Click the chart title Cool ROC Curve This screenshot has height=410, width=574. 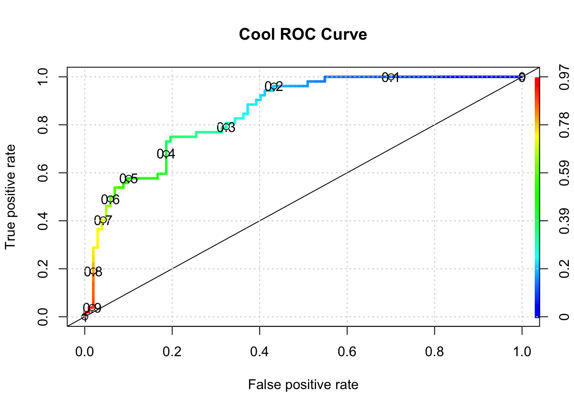pyautogui.click(x=303, y=34)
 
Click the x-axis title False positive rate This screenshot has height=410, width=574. pyautogui.click(x=303, y=385)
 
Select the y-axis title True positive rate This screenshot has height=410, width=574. pyautogui.click(x=10, y=197)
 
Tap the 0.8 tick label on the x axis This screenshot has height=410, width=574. pyautogui.click(x=434, y=351)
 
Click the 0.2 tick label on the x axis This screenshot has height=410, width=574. pyautogui.click(x=172, y=351)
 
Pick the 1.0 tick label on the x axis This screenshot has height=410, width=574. pyautogui.click(x=521, y=351)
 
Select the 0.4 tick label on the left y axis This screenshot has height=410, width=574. pyautogui.click(x=43, y=221)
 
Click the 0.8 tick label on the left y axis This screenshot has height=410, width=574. pyautogui.click(x=43, y=125)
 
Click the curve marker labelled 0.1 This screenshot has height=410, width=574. pyautogui.click(x=390, y=77)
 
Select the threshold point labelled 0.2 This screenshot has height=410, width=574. pyautogui.click(x=274, y=87)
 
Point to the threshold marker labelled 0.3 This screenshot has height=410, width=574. pyautogui.click(x=226, y=127)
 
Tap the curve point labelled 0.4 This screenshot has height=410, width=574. pyautogui.click(x=166, y=154)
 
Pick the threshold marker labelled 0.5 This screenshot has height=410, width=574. pyautogui.click(x=129, y=179)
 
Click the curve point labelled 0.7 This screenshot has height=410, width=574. pyautogui.click(x=103, y=220)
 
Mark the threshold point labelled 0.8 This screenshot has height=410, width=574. pyautogui.click(x=93, y=271)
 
